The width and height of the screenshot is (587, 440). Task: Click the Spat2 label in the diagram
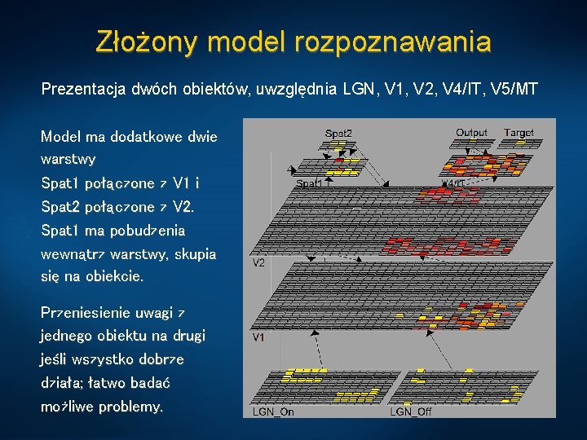[x=338, y=133]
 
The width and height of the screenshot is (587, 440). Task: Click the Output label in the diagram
[x=471, y=132]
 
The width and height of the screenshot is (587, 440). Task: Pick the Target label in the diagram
[x=519, y=132]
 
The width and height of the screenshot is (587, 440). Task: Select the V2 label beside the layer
[x=258, y=263]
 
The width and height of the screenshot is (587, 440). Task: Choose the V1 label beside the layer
[x=258, y=337]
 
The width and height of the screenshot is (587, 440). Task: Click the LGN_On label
[x=273, y=411]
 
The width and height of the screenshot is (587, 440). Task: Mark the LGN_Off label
[x=410, y=411]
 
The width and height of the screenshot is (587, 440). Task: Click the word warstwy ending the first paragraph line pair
[x=68, y=158]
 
